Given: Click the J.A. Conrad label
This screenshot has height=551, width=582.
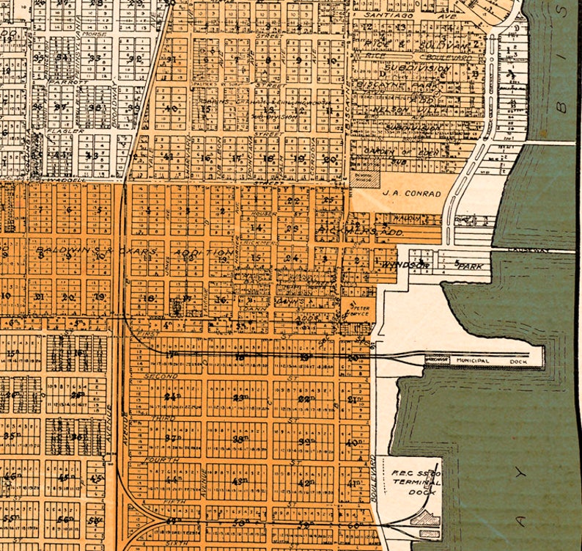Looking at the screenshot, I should (412, 194).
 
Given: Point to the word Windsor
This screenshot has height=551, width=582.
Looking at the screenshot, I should (405, 263).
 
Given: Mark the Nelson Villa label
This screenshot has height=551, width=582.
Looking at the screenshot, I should (401, 111).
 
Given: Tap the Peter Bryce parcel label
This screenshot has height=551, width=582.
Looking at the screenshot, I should (358, 311).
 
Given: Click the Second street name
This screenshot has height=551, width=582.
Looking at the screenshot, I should (162, 376).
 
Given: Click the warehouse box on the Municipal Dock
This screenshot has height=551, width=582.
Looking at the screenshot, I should (438, 359).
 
